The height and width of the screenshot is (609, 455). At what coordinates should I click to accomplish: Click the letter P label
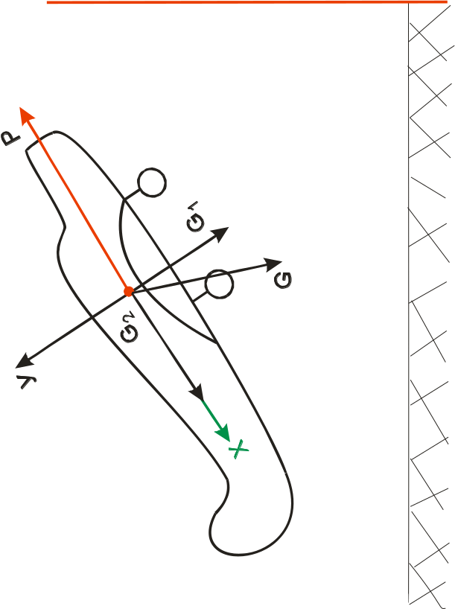[x=11, y=138]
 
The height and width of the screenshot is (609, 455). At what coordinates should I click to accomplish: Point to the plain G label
[x=283, y=280]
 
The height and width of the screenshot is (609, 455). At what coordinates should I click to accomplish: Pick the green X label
[x=238, y=449]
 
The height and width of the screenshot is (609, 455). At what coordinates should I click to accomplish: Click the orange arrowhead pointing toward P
[x=28, y=115]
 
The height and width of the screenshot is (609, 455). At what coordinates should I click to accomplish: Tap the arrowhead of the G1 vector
[x=220, y=233]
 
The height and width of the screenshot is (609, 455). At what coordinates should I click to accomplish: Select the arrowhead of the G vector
[x=274, y=264]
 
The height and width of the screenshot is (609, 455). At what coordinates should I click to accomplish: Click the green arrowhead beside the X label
[x=223, y=433]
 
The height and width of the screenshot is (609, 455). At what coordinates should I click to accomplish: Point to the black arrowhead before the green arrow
[x=197, y=392]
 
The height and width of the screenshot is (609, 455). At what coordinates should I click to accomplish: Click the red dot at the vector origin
[x=128, y=291]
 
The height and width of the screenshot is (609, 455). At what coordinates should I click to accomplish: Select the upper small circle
[x=152, y=182]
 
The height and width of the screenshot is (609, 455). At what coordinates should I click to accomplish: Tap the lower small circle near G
[x=219, y=284]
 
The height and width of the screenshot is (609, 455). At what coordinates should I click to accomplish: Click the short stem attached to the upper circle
[x=132, y=194]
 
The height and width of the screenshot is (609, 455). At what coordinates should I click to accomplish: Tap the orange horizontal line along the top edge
[x=246, y=2]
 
